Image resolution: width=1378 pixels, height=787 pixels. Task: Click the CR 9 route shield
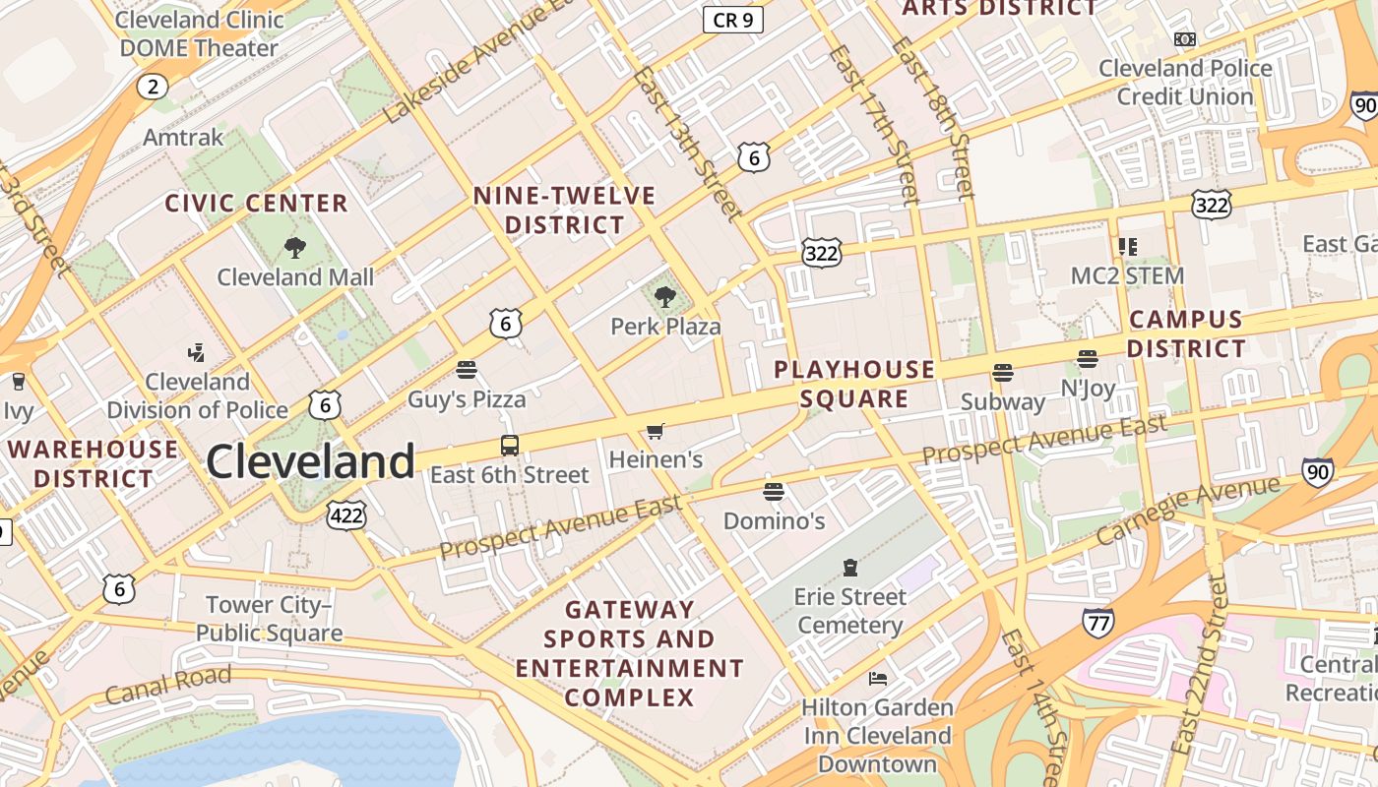tap(733, 20)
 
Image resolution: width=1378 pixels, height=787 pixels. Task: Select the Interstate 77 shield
tap(1097, 622)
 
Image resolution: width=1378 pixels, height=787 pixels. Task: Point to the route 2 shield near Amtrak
tap(152, 87)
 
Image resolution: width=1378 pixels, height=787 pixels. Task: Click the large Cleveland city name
tap(310, 461)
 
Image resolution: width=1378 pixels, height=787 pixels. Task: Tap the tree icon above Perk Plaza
tap(665, 296)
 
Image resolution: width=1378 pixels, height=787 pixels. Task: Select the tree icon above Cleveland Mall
tap(294, 248)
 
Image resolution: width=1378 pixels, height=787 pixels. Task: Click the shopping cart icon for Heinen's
tap(655, 431)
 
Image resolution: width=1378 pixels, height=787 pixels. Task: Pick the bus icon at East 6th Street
tap(509, 446)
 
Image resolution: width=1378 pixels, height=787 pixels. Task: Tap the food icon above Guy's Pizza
tap(467, 370)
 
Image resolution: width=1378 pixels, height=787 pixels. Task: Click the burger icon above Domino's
tap(774, 491)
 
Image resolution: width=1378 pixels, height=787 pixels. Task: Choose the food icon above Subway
tap(1002, 373)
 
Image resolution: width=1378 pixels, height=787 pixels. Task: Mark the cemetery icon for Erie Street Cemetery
tap(850, 567)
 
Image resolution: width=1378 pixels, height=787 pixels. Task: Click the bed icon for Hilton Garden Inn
tap(877, 678)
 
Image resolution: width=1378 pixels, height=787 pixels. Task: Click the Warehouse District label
tap(94, 464)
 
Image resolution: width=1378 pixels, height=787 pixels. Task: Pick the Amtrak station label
tap(183, 137)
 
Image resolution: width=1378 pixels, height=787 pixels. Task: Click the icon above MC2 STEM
tap(1127, 246)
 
